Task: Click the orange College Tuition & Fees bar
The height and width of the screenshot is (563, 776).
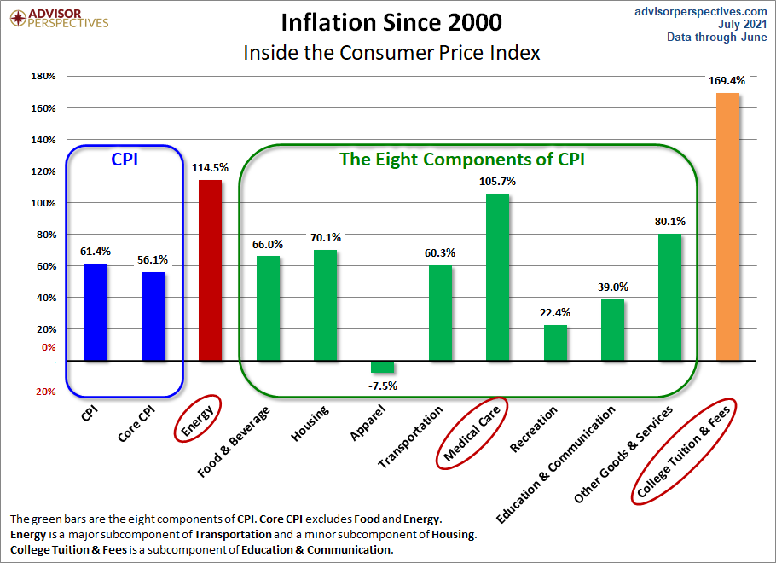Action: pos(727,226)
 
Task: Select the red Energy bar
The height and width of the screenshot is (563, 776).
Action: pos(210,270)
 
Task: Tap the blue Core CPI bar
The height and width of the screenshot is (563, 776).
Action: pos(153,316)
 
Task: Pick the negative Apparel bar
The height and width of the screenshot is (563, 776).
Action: pos(383,366)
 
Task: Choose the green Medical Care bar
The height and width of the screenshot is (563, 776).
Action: pos(498,276)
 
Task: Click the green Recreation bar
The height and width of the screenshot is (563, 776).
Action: pos(555,342)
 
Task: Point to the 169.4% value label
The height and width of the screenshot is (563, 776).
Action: pos(727,81)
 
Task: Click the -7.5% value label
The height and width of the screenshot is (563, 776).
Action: pos(383,386)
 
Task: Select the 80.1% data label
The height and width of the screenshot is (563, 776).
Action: pos(670,222)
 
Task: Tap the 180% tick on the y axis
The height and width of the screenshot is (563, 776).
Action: pos(43,77)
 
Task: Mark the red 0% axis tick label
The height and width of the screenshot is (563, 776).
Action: pos(48,347)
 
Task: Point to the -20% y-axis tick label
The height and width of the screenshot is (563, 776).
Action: pos(43,392)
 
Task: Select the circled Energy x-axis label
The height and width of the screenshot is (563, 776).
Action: pos(198,418)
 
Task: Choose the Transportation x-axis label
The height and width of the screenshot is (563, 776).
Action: pos(411,437)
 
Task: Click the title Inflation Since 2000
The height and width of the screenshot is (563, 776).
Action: pos(391,21)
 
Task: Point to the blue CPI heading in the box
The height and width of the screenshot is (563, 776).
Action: pos(125,159)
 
